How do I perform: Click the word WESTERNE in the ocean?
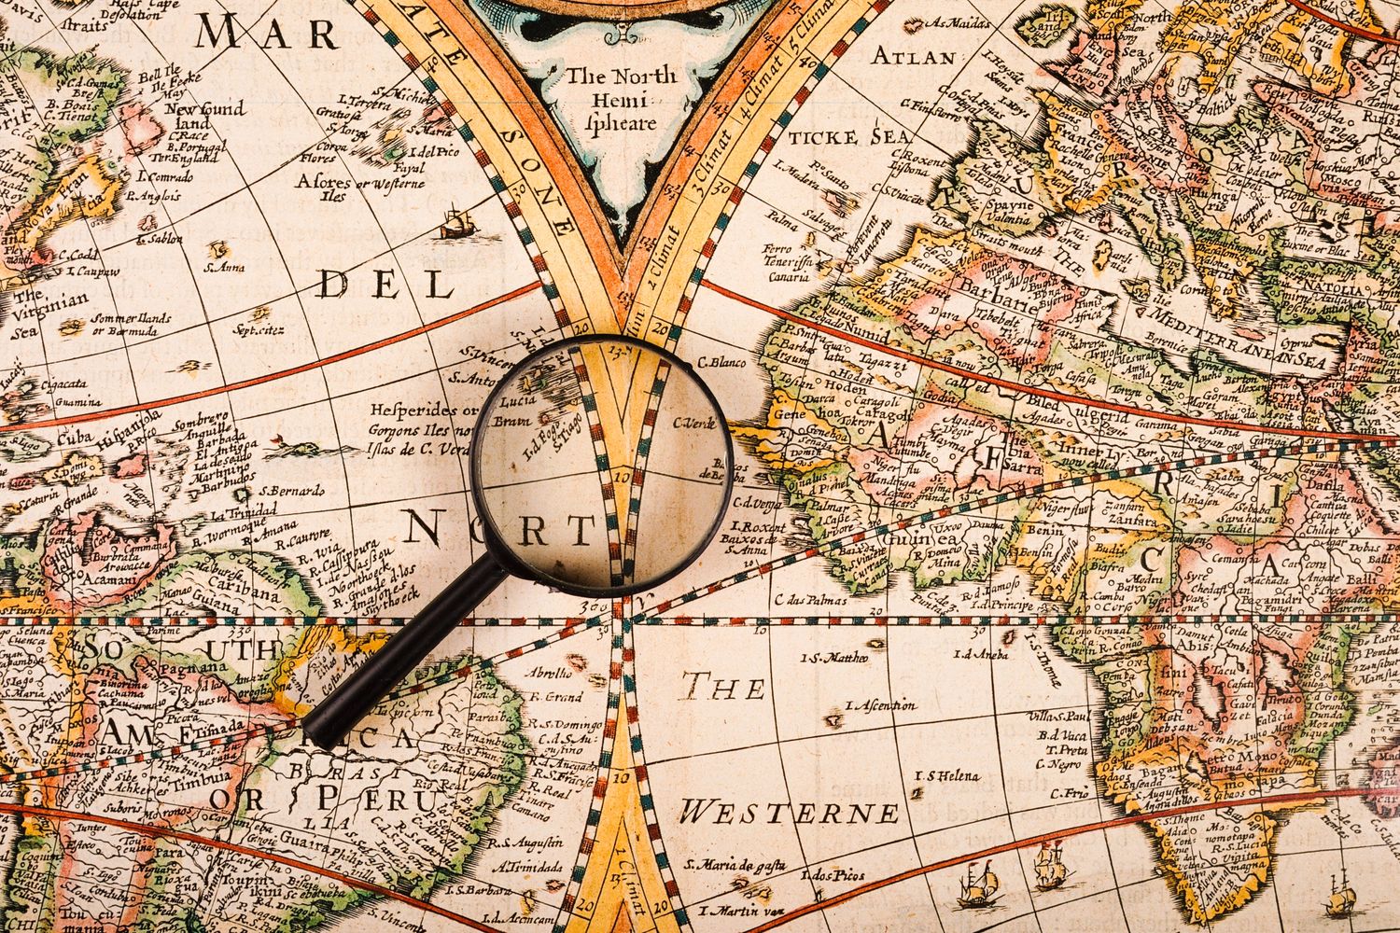(789, 811)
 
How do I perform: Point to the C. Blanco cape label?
(721, 362)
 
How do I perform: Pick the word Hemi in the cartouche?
(619, 99)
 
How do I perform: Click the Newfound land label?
(204, 116)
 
